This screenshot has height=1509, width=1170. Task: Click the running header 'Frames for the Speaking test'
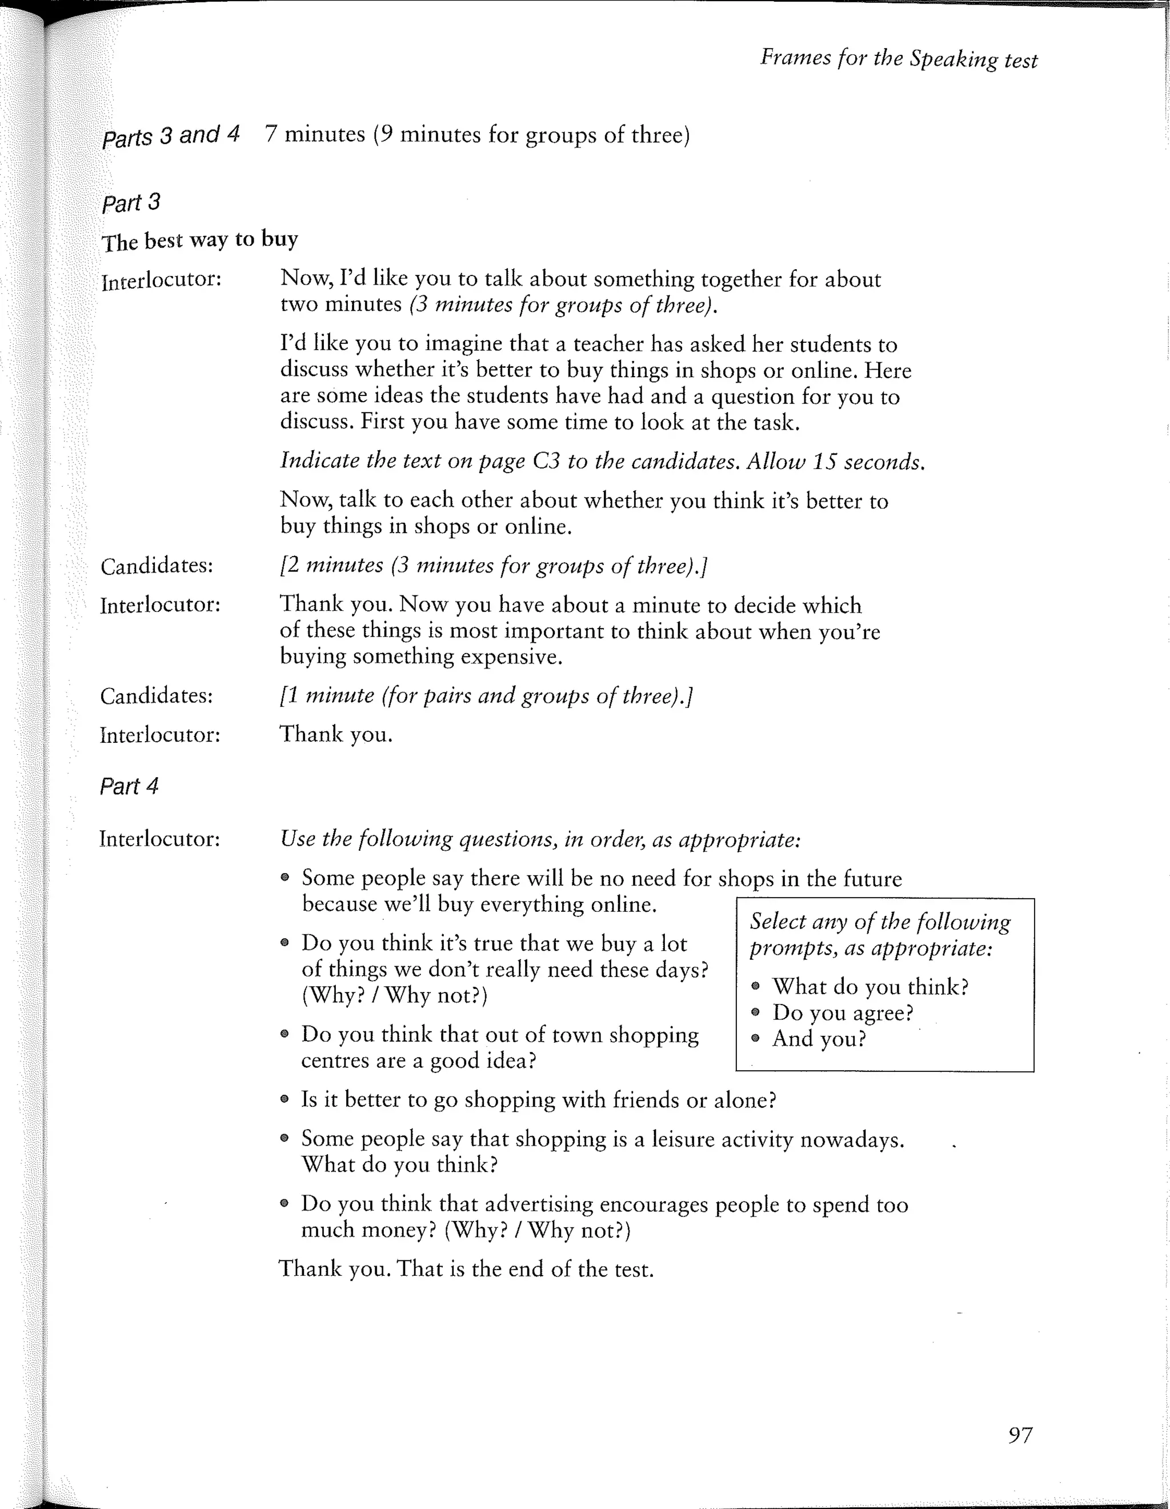[899, 58]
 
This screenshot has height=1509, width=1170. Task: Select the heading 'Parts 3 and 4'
[171, 135]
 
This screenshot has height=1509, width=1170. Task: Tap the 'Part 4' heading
[129, 786]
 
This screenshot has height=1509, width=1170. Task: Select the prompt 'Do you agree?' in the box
[843, 1013]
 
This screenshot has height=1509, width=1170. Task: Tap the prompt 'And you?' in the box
[819, 1039]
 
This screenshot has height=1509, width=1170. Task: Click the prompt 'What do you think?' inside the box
[870, 987]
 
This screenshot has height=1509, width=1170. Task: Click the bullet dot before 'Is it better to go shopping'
[285, 1099]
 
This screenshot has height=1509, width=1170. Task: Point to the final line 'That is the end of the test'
[525, 1269]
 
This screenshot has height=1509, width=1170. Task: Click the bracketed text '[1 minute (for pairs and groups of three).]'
[486, 695]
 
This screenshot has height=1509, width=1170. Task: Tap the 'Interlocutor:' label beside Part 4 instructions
[159, 839]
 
